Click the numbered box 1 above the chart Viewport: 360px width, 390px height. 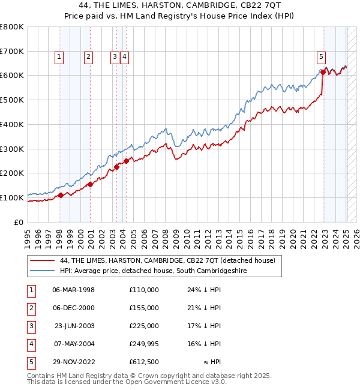(x=59, y=57)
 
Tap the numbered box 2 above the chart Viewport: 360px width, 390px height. (x=88, y=57)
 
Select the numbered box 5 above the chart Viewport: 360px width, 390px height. (x=321, y=57)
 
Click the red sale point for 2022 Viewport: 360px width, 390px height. (x=323, y=72)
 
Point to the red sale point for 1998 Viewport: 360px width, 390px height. (x=61, y=195)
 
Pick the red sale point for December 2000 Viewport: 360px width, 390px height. (x=90, y=184)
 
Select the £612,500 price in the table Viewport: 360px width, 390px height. (x=143, y=362)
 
